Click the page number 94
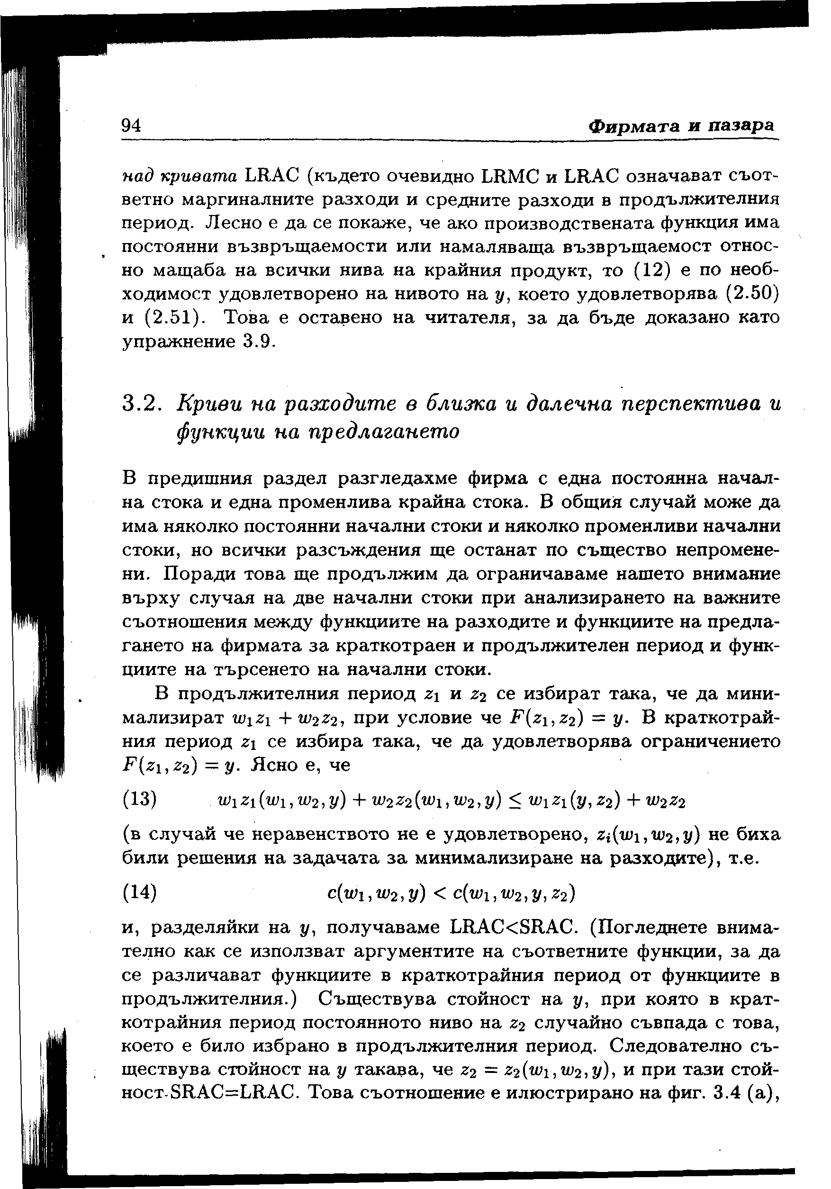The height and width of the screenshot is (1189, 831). click(132, 126)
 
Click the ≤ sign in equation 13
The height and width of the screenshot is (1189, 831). click(514, 802)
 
